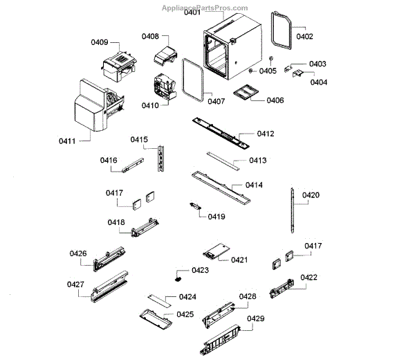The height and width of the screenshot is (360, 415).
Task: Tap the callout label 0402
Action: coord(304,36)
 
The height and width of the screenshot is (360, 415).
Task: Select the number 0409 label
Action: coord(100,43)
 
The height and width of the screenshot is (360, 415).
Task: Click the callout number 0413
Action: coord(257,161)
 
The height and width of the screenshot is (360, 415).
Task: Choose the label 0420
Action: coord(311,195)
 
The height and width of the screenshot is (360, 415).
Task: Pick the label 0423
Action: coord(200,270)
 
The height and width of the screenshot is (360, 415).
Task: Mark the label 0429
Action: coord(255,318)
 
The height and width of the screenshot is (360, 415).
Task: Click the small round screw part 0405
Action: coord(272,58)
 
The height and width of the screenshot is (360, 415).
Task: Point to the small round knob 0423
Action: coord(179,277)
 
